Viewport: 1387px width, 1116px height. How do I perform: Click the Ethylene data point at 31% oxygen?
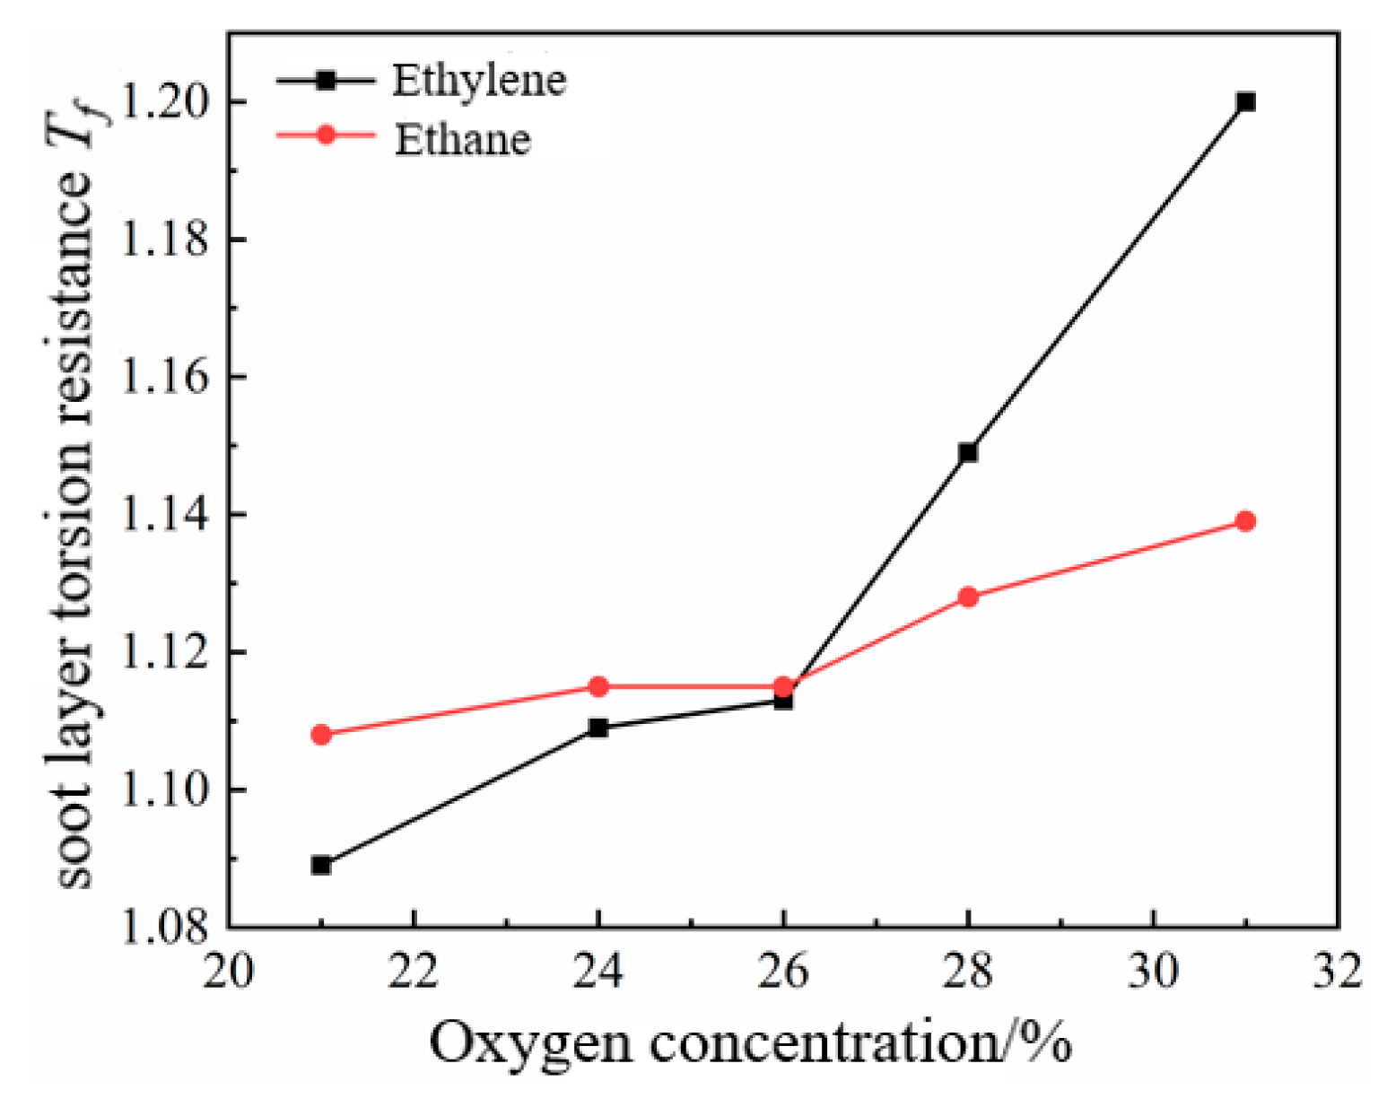(x=1245, y=102)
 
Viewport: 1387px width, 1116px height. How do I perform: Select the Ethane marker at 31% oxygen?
(x=1245, y=521)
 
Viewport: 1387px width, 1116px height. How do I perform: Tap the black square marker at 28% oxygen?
(x=968, y=453)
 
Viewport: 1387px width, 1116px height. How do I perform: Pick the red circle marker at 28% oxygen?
(x=968, y=597)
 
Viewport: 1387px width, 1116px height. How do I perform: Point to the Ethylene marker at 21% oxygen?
(x=321, y=866)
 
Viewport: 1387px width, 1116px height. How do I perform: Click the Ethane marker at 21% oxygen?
(x=321, y=735)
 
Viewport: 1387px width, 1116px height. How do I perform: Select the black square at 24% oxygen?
(x=598, y=728)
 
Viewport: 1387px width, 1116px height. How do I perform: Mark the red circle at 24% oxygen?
(x=598, y=687)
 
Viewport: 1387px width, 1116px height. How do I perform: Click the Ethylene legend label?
(x=479, y=81)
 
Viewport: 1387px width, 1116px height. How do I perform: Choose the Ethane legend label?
(x=463, y=140)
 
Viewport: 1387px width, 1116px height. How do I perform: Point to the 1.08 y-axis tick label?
(x=160, y=928)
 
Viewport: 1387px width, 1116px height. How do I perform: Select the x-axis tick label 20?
(x=229, y=971)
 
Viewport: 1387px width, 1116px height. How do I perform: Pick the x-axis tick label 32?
(x=1337, y=971)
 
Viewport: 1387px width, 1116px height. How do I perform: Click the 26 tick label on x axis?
(x=783, y=971)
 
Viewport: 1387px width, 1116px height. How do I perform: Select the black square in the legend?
(x=326, y=81)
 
